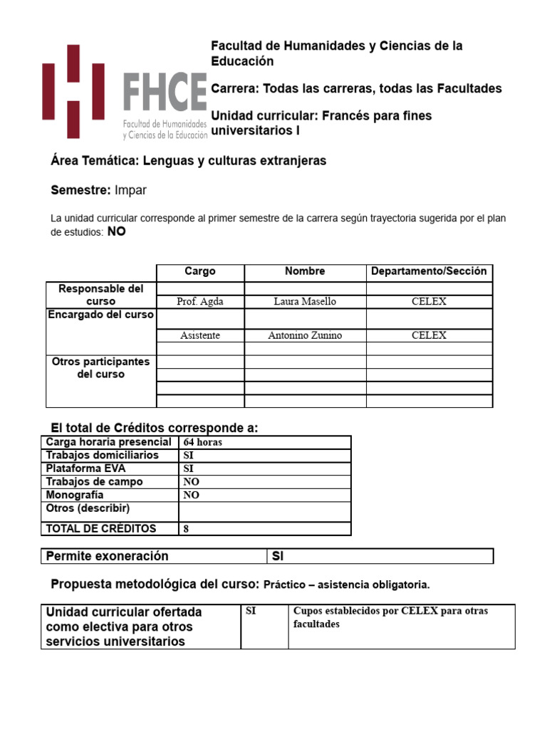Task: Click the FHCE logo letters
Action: pyautogui.click(x=165, y=93)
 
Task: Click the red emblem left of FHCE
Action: pyautogui.click(x=73, y=91)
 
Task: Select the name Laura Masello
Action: pyautogui.click(x=305, y=301)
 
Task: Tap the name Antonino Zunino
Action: pyautogui.click(x=305, y=335)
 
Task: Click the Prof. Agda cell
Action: pyautogui.click(x=199, y=301)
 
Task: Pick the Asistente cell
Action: pyautogui.click(x=199, y=335)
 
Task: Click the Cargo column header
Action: pyautogui.click(x=199, y=271)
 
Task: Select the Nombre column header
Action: pyautogui.click(x=305, y=271)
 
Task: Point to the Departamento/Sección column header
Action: pyautogui.click(x=429, y=271)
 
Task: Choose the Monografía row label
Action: pyautogui.click(x=75, y=495)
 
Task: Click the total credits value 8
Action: pyautogui.click(x=187, y=529)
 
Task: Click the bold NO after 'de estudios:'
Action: pyautogui.click(x=116, y=232)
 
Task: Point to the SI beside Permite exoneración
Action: pyautogui.click(x=278, y=556)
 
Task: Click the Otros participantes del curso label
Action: pyautogui.click(x=100, y=367)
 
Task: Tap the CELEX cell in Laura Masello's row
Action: pyautogui.click(x=429, y=301)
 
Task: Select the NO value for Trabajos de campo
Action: pyautogui.click(x=191, y=482)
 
